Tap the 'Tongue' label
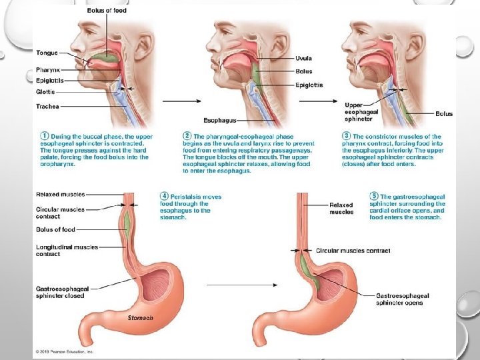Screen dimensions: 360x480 [x=47, y=53]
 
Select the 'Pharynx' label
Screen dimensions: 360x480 [x=47, y=69]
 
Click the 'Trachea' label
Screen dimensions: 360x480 [x=47, y=107]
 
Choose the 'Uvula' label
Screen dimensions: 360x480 [x=303, y=57]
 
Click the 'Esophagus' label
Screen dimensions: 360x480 [x=219, y=121]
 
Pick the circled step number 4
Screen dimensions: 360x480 [x=164, y=197]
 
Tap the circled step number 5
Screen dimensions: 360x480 [x=374, y=197]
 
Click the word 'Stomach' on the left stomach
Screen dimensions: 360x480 [x=141, y=318]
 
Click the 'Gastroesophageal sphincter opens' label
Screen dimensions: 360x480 [x=402, y=299]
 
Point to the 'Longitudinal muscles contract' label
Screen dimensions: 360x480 [x=67, y=250]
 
